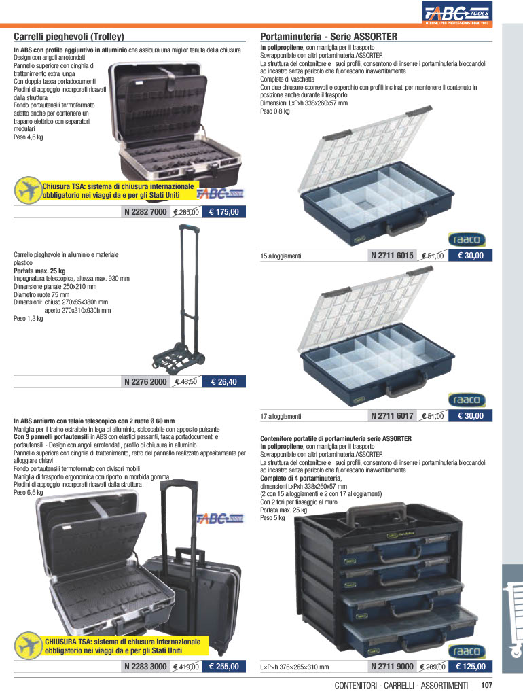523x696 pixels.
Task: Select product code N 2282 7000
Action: click(x=145, y=212)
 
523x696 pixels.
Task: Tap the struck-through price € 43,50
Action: click(x=186, y=382)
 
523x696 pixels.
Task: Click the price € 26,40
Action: click(x=223, y=382)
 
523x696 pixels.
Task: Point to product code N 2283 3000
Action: click(x=145, y=667)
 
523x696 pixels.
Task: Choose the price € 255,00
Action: click(x=223, y=667)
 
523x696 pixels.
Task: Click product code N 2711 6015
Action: click(x=392, y=256)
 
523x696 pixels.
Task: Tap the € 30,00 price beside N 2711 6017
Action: click(x=470, y=416)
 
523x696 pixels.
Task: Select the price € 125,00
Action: click(x=470, y=667)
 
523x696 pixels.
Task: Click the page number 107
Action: click(x=486, y=686)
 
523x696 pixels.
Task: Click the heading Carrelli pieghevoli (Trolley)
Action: click(x=69, y=37)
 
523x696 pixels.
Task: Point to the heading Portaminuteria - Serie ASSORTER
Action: click(x=329, y=37)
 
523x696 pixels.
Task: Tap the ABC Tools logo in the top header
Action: click(x=457, y=12)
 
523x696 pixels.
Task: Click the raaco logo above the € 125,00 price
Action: click(x=467, y=651)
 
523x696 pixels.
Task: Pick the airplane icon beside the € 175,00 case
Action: click(x=27, y=190)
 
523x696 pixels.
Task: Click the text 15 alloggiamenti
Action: click(x=281, y=256)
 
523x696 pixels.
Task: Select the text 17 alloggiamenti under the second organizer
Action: click(x=281, y=417)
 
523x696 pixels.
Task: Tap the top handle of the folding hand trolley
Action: click(x=187, y=229)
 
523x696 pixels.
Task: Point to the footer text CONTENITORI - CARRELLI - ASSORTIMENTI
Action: click(x=401, y=686)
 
